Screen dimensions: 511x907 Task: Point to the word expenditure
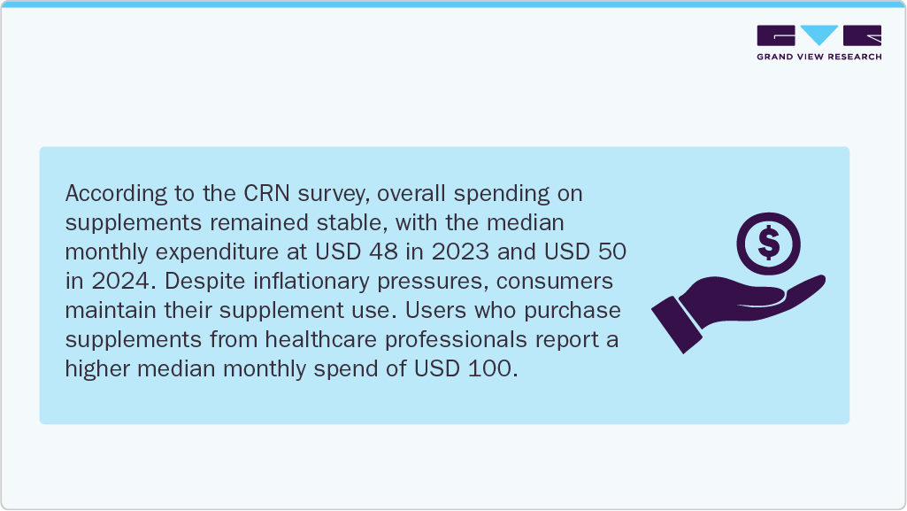tap(236, 252)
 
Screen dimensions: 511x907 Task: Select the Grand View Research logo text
tap(819, 57)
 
